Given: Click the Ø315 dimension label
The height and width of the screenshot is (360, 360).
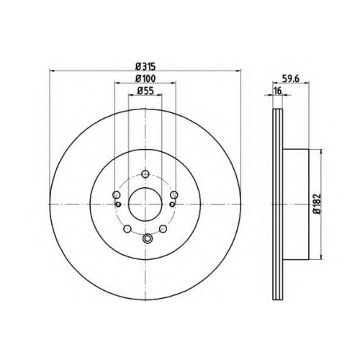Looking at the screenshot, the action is (x=145, y=66).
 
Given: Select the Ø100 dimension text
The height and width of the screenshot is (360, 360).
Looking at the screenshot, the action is (x=145, y=78).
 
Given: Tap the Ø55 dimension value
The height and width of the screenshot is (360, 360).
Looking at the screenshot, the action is (x=145, y=91).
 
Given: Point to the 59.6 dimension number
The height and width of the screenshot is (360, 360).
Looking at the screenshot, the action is (x=291, y=78).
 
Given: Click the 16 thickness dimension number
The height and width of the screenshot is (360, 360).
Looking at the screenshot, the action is (x=277, y=91).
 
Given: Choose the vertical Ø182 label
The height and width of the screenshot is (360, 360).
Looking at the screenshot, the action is (x=317, y=204).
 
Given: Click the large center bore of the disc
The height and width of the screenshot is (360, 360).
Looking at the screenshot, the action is (x=145, y=204).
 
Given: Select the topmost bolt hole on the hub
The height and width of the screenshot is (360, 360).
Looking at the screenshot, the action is (x=145, y=174).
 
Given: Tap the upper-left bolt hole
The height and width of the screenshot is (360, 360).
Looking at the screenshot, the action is (x=117, y=194).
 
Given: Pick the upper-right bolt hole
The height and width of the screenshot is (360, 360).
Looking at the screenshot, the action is (x=174, y=194).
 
